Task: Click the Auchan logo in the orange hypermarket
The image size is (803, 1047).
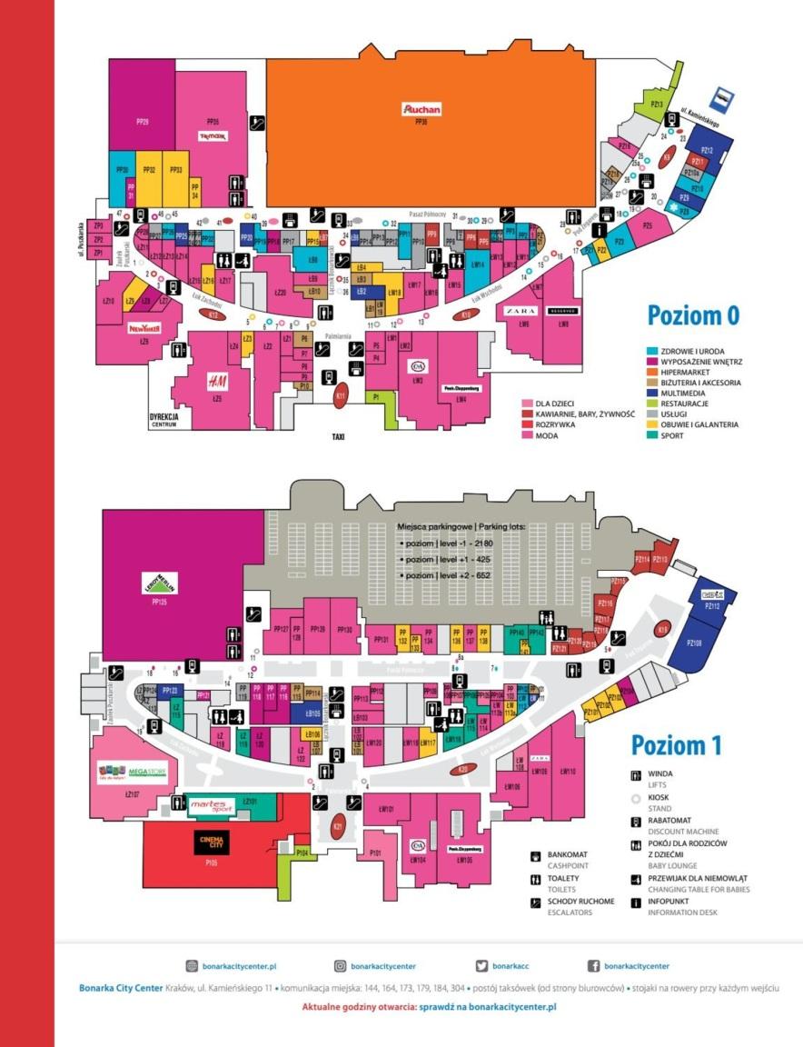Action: [x=422, y=110]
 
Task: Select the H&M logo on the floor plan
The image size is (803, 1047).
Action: [x=216, y=380]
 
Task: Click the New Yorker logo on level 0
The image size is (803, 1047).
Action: [x=144, y=328]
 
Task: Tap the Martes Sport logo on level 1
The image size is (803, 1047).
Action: [x=211, y=805]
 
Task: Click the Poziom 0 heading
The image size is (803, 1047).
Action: [x=693, y=315]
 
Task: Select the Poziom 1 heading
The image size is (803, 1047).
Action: [x=677, y=745]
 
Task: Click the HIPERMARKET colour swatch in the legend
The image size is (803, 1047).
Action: [x=652, y=373]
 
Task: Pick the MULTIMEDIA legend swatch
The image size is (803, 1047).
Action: [x=652, y=394]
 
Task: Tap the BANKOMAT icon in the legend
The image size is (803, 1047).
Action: [x=537, y=856]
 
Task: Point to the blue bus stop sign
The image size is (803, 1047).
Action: [x=723, y=95]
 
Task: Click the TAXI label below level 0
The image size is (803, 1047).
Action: [x=338, y=437]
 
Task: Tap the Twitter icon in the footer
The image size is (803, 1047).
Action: [x=482, y=966]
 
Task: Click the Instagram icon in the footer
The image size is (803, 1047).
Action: [x=341, y=966]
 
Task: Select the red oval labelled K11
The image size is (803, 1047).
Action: [x=341, y=396]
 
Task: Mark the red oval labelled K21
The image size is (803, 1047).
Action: [x=338, y=827]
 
